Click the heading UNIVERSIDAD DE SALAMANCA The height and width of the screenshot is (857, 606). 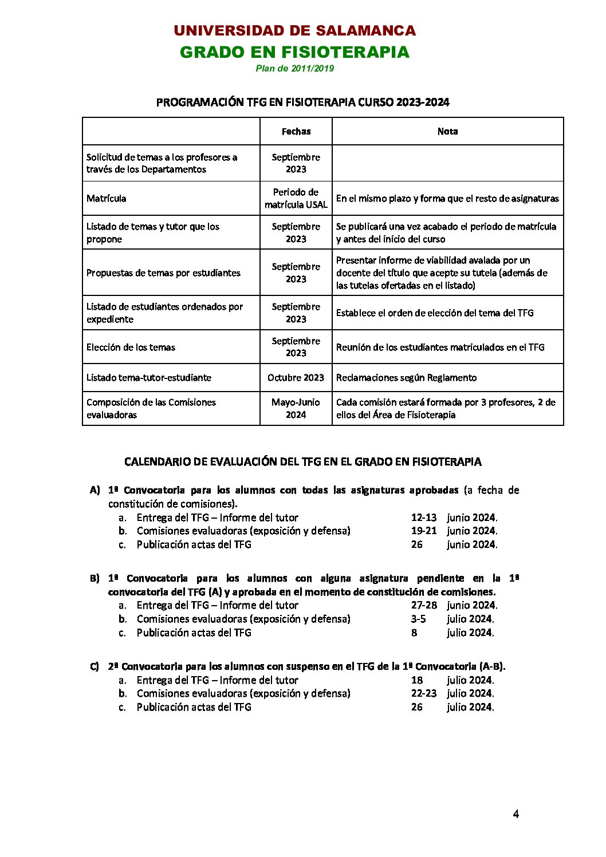pos(294,31)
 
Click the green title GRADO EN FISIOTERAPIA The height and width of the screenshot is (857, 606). pos(294,52)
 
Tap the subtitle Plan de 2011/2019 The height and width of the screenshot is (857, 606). pos(294,69)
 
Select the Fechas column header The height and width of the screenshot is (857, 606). pos(296,132)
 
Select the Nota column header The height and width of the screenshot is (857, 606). pos(447,132)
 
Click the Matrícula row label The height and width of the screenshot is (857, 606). pos(107,199)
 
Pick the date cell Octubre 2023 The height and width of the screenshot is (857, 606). pos(296,378)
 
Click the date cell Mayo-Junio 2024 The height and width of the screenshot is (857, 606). pos(296,409)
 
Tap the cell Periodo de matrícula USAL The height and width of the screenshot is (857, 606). pos(296,199)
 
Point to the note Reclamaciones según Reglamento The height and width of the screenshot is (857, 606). pos(406,378)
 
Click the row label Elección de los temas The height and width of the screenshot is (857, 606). pos(131,347)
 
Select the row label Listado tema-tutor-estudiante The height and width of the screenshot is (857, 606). pos(149,378)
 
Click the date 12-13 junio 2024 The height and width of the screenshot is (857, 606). pos(454,518)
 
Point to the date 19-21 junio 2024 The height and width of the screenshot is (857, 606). pos(454,531)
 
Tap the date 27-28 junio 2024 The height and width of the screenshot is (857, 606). pos(454,605)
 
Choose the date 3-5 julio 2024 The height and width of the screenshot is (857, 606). pos(452,619)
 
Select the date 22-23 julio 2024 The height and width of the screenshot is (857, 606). pos(452,693)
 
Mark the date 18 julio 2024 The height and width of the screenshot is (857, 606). pos(452,680)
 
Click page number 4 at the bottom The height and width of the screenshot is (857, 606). pos(516,814)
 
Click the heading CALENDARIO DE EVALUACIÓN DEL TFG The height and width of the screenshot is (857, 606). pos(302,462)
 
